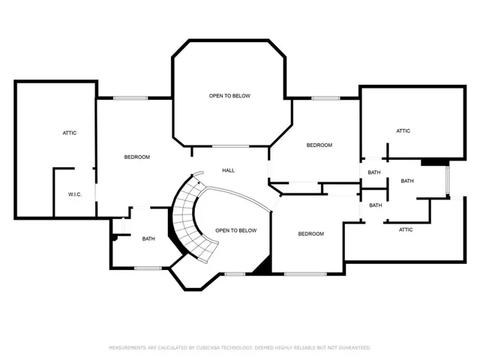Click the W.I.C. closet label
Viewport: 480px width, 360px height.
point(75,194)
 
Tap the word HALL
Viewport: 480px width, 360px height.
point(228,170)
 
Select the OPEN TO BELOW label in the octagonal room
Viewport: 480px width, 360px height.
point(229,96)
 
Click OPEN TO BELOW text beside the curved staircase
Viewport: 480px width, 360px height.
point(236,230)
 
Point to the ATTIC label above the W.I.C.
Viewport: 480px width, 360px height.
point(70,133)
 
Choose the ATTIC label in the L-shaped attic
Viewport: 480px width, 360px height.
point(406,229)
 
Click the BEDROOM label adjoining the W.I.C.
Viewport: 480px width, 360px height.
point(137,157)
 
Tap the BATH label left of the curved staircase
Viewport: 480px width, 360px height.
point(148,238)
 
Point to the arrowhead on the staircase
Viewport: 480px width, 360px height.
point(199,183)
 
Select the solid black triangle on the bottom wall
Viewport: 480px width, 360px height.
point(263,265)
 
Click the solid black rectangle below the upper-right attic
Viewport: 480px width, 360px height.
point(435,162)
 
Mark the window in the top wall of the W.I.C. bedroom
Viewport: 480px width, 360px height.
point(130,98)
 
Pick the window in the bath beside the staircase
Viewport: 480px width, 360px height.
point(148,268)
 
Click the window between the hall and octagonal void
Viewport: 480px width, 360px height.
point(231,146)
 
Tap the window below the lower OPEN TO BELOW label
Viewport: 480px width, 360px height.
point(235,274)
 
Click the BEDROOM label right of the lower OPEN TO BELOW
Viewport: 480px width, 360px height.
point(311,234)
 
